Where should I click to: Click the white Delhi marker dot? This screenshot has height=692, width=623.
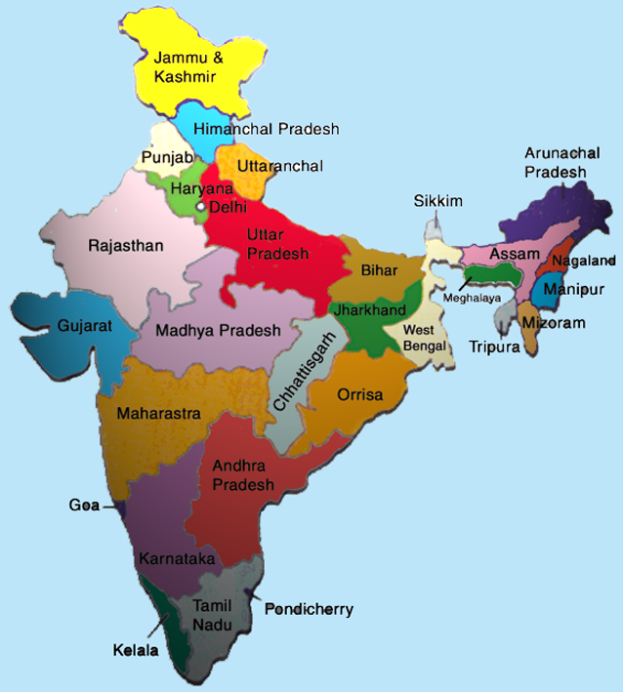click(x=201, y=207)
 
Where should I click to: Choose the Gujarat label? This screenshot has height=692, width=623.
click(x=84, y=325)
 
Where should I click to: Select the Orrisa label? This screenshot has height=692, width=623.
click(x=359, y=395)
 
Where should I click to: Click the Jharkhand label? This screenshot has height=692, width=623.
click(x=364, y=309)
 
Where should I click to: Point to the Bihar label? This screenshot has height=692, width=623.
click(x=377, y=268)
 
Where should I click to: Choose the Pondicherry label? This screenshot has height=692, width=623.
click(x=309, y=609)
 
